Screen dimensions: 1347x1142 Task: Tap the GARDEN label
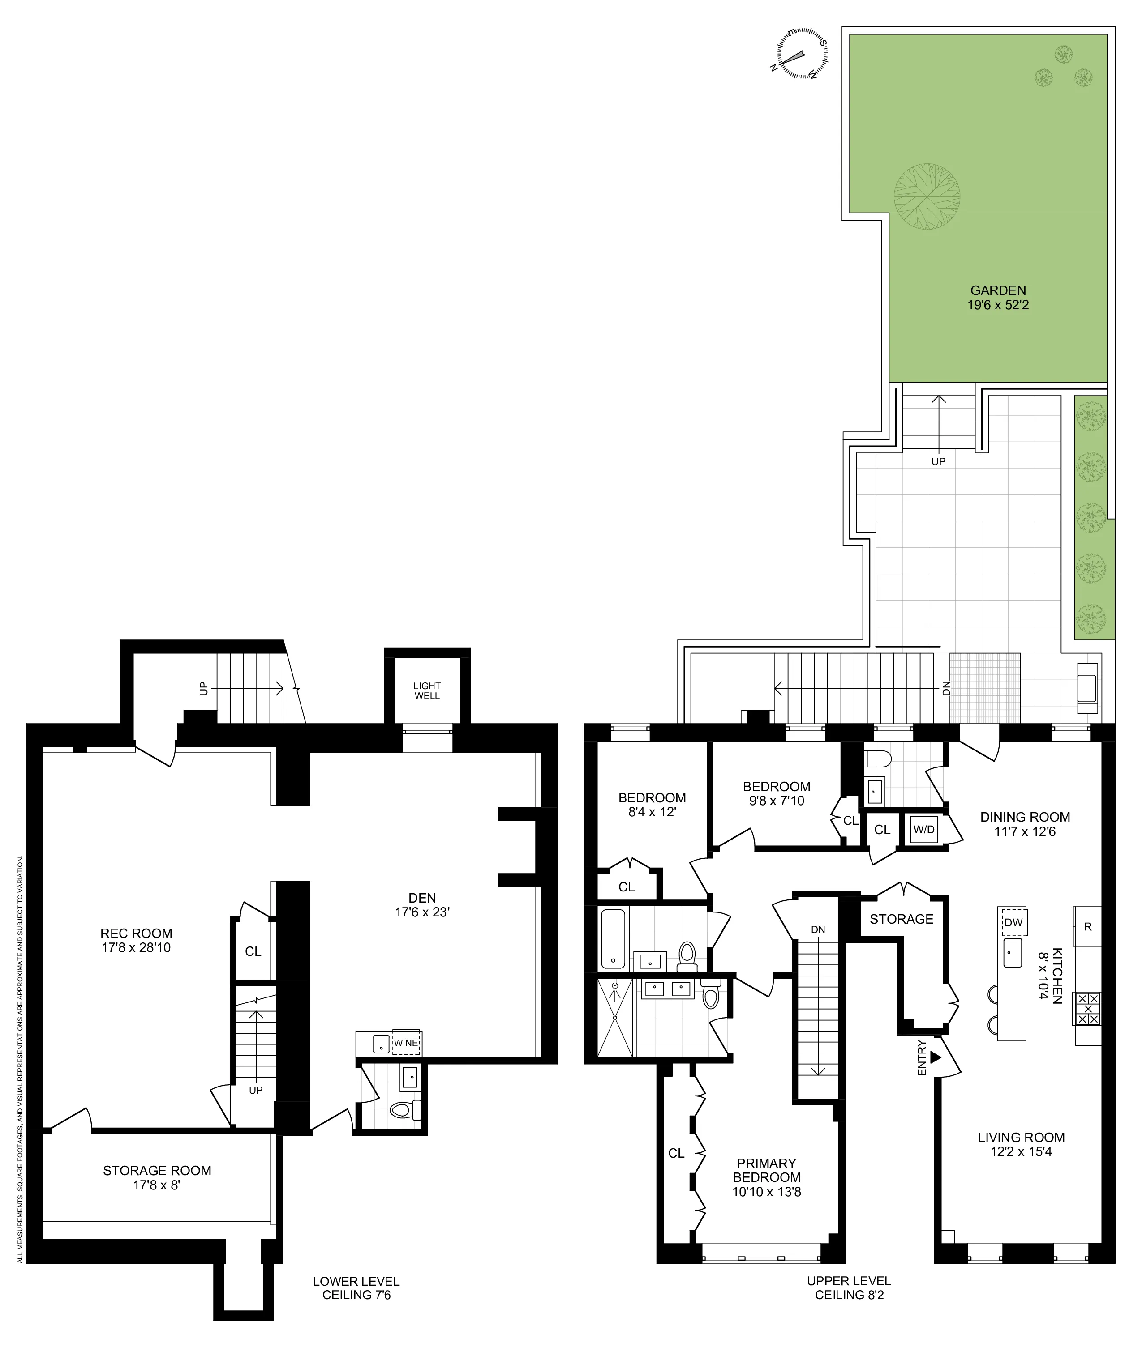(998, 290)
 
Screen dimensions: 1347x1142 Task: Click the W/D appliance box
(924, 829)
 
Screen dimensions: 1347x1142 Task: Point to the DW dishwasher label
(1013, 923)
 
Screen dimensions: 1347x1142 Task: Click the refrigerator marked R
(1088, 926)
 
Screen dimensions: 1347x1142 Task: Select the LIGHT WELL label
(427, 691)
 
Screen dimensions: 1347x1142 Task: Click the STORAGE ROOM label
(157, 1170)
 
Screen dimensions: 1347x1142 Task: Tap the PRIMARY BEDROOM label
(767, 1170)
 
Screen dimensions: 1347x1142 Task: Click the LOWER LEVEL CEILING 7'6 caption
(356, 1287)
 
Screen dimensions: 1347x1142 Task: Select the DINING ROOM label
(1025, 817)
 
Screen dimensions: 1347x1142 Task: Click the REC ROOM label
(136, 933)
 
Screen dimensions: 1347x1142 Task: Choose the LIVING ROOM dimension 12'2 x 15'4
(1021, 1151)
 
